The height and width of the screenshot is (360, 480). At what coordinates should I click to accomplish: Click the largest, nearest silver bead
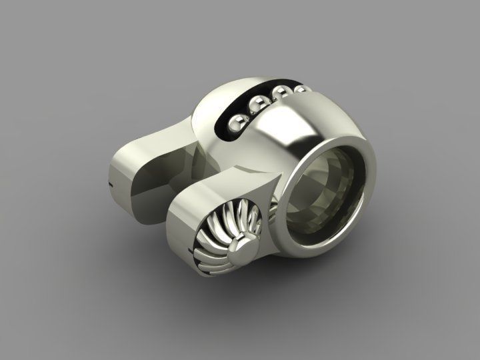[x=235, y=124]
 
